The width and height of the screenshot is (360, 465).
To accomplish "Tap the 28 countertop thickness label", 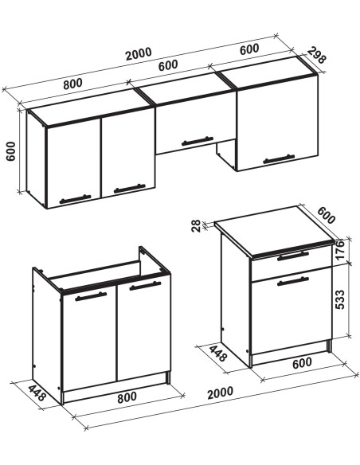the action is click(x=196, y=226).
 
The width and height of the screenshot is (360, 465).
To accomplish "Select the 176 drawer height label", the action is click(x=340, y=249).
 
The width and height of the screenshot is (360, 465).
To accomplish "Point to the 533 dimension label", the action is click(x=340, y=299).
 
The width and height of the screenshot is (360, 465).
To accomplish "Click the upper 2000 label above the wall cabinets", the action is click(x=139, y=53).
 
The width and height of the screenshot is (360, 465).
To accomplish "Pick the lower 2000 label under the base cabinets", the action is click(x=220, y=393).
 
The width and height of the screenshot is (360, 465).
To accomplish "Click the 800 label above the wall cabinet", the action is click(x=72, y=84).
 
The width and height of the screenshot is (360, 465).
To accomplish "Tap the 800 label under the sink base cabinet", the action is click(x=127, y=397).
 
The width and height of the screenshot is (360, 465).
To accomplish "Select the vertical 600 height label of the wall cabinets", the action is click(x=10, y=151).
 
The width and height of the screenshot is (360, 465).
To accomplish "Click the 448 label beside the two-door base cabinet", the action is click(x=37, y=393).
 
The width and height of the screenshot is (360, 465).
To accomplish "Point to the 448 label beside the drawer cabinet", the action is click(x=218, y=353).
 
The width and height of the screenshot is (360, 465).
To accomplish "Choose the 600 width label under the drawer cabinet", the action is click(x=302, y=363).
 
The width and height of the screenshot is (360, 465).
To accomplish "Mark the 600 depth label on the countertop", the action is click(x=327, y=215).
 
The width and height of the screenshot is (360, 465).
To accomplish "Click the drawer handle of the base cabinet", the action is click(x=293, y=256).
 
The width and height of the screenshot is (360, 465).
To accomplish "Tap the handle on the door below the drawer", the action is click(x=293, y=281).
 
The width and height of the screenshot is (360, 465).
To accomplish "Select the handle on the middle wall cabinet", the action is click(x=198, y=141).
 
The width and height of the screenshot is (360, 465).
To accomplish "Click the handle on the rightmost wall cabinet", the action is click(x=279, y=159).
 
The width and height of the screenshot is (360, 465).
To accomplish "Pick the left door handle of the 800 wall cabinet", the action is click(x=75, y=199).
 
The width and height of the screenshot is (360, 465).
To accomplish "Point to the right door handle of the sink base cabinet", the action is click(x=145, y=286).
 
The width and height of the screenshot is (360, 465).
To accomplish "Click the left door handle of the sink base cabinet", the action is click(x=91, y=296).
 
